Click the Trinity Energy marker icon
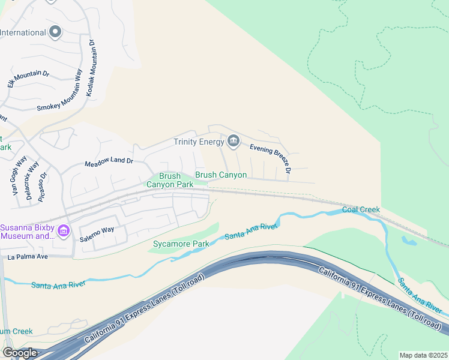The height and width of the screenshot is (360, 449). coord(234,142)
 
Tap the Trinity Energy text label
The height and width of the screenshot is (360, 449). coord(198,142)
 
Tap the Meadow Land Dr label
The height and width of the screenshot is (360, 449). coord(109,163)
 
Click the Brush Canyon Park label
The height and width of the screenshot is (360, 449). coord(170,180)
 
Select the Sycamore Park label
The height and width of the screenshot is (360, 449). coord(180,244)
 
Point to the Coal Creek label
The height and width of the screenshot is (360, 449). coord(361,209)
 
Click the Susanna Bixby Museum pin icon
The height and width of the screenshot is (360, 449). coord(64,231)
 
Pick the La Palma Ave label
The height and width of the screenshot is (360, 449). coord(27,257)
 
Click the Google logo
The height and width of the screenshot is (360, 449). coord(19,353)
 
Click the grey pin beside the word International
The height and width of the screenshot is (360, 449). coord(56,32)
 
